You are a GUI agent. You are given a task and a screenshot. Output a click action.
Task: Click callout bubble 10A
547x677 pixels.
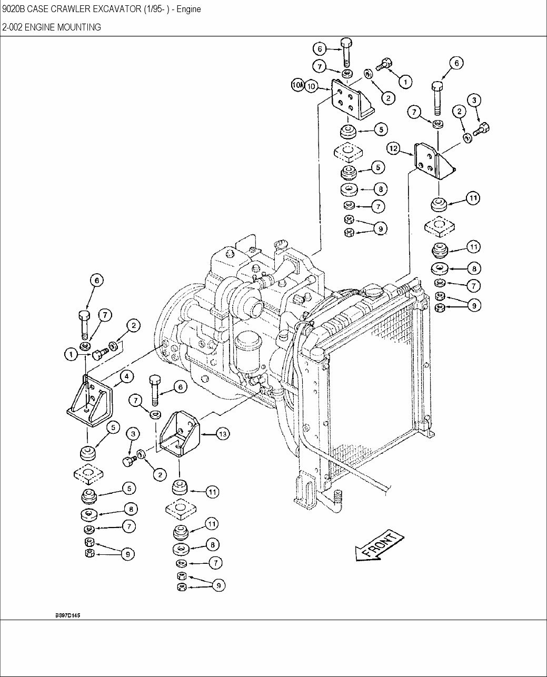coord(297,85)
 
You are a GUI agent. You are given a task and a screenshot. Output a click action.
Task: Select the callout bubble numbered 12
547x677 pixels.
coord(394,149)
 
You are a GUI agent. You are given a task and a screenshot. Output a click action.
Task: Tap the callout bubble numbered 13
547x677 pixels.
coord(223,434)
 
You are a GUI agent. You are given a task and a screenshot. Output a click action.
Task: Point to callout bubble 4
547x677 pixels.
coord(127,376)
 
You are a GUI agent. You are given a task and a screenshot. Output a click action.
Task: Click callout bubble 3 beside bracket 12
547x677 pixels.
coord(474,100)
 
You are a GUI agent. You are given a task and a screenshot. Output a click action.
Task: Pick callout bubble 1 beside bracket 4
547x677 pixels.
coord(71,355)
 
